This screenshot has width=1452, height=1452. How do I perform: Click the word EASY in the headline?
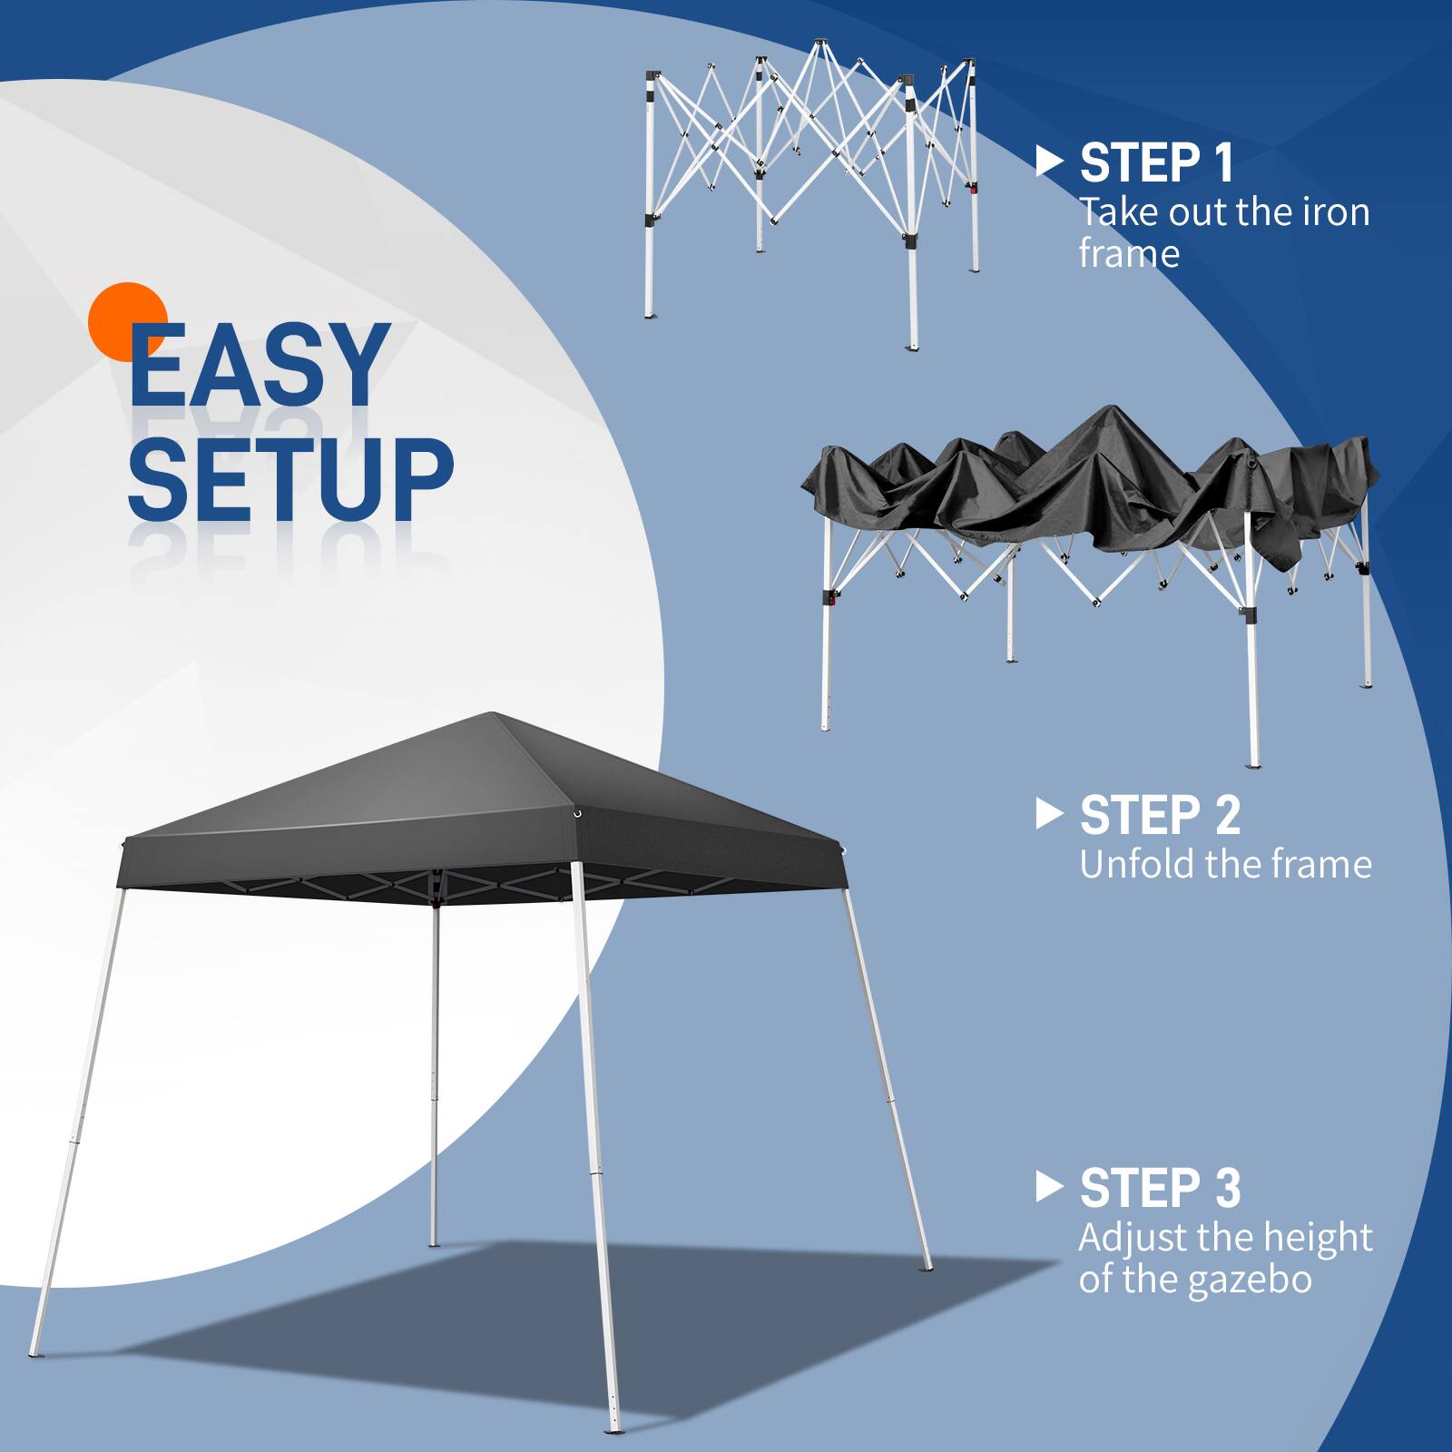click(259, 367)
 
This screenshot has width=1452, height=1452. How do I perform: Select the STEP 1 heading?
click(1157, 163)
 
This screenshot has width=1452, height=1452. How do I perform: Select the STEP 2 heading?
click(1160, 815)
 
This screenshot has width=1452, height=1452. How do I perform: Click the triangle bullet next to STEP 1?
click(1048, 162)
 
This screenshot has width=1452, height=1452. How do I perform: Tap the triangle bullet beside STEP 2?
click(1048, 814)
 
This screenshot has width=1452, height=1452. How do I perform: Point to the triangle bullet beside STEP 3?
click(1048, 1187)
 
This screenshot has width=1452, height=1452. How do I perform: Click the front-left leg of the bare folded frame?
click(650, 272)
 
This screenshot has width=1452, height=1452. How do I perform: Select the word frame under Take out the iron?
click(1129, 254)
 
